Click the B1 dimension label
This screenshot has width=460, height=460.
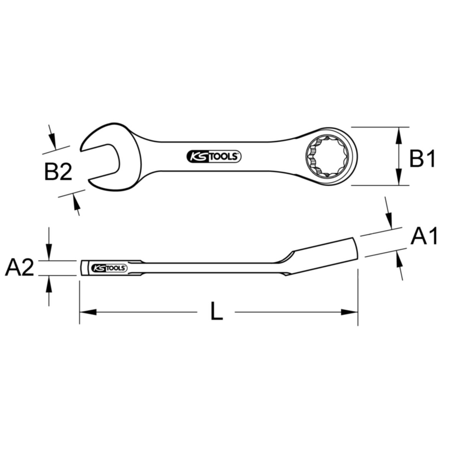click(422, 158)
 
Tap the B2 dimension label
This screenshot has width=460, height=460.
click(58, 171)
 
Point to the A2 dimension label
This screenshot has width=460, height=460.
click(20, 268)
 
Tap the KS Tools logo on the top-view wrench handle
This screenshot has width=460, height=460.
click(214, 157)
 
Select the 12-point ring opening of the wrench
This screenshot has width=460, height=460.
click(327, 156)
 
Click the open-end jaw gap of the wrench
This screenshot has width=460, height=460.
click(100, 165)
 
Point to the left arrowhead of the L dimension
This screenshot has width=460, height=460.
click(88, 312)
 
